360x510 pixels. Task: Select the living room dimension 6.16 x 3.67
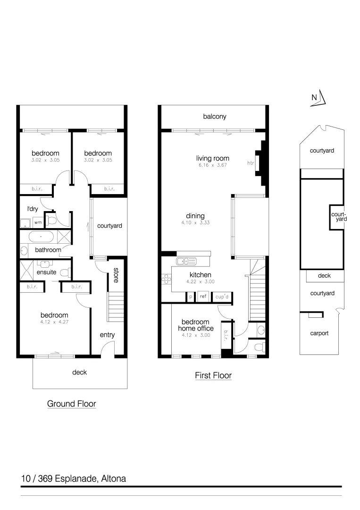(212, 165)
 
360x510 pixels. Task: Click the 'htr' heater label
(251, 163)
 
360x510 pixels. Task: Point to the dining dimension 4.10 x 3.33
(195, 222)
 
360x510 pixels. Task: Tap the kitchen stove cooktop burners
(167, 279)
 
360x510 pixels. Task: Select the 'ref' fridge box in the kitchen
(203, 297)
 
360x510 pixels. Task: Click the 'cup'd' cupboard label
(222, 297)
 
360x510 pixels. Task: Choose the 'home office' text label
(195, 328)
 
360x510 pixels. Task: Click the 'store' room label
(116, 275)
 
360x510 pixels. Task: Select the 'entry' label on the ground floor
(108, 335)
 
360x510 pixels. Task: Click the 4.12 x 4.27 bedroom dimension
(54, 323)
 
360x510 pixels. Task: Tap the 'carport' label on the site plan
(319, 333)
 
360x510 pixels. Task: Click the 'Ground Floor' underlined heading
(71, 404)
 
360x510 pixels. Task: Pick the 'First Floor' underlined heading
(213, 376)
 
